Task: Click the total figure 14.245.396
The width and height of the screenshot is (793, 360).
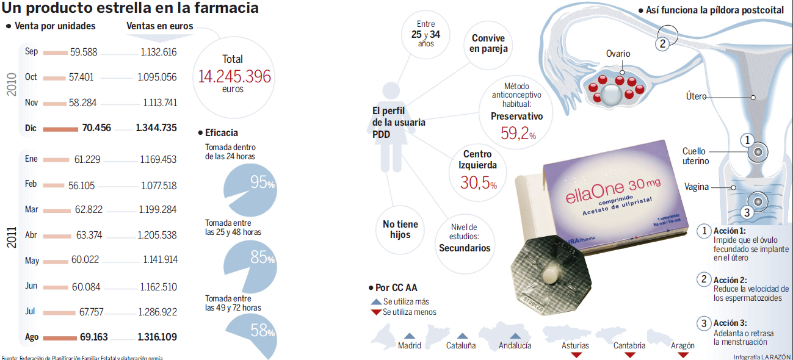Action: pos(234,76)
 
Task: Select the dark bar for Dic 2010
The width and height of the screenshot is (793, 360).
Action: pos(60,129)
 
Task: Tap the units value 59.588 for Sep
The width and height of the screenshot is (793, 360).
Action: pos(84,52)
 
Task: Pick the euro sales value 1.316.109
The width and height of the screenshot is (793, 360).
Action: pos(157,337)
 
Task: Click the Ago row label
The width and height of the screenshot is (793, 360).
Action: pos(31,337)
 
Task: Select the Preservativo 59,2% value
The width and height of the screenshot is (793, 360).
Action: pos(518,134)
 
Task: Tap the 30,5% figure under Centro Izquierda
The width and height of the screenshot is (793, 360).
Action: pos(478,182)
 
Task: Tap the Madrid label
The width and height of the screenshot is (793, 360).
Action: pos(409,345)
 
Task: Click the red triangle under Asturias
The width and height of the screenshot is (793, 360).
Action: pos(575,355)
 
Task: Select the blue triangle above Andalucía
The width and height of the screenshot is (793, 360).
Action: pos(515,336)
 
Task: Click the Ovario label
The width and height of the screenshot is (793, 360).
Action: pos(618,54)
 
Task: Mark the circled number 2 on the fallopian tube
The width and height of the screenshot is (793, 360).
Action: pos(663,43)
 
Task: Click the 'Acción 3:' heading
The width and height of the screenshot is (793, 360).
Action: pos(730,323)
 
